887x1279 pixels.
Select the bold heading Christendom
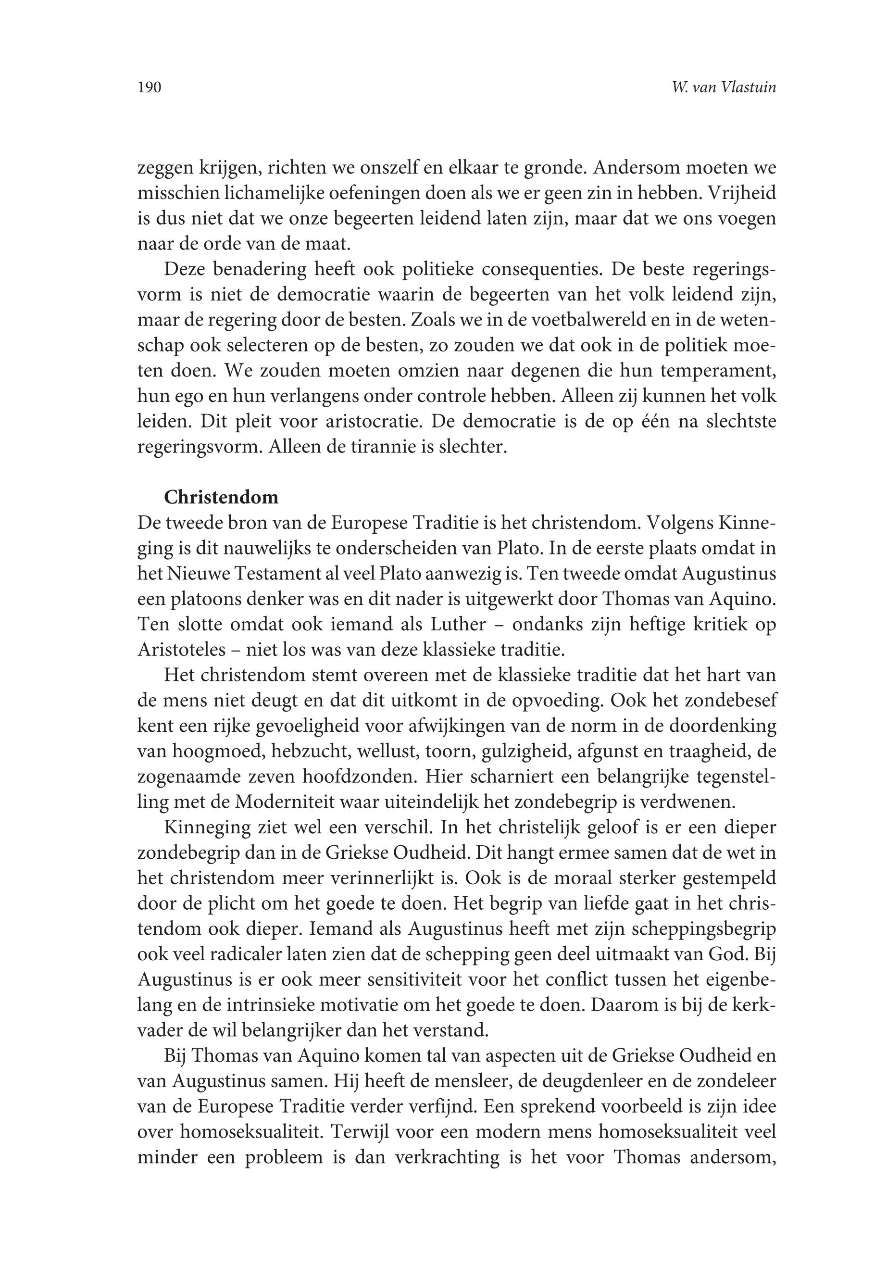point(221,496)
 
